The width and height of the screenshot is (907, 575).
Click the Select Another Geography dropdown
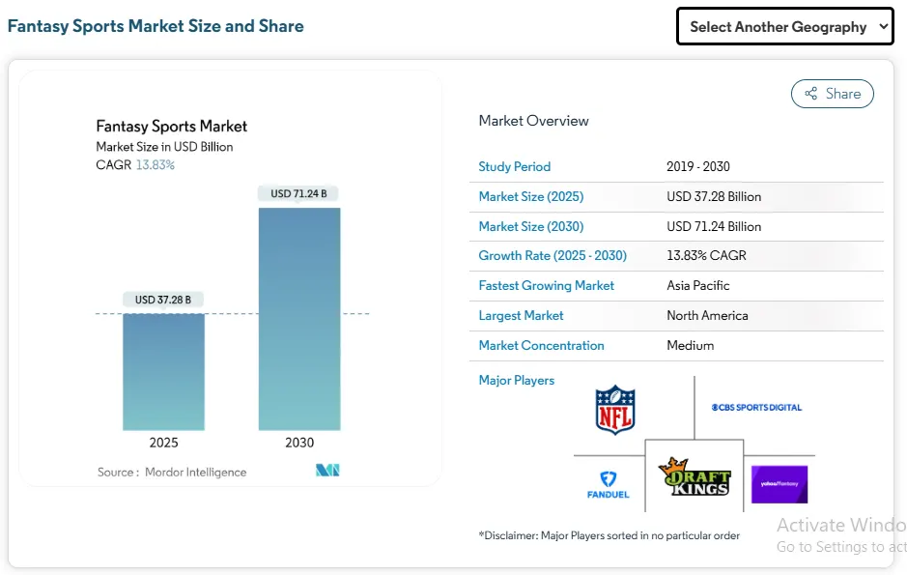(x=784, y=27)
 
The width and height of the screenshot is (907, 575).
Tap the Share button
(x=832, y=94)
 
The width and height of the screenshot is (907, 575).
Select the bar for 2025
(x=163, y=371)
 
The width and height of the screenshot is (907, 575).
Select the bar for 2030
(x=299, y=319)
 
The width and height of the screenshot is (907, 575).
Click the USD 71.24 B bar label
(x=298, y=193)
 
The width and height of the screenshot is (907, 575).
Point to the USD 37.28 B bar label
(x=163, y=300)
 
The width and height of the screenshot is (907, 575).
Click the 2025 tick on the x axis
(x=163, y=443)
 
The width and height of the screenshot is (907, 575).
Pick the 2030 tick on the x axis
(x=299, y=443)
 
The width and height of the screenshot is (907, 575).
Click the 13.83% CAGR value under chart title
(x=155, y=165)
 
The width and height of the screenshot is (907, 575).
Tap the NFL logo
(x=615, y=410)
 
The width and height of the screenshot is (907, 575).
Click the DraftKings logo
(x=694, y=476)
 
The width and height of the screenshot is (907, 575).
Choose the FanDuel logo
(x=608, y=484)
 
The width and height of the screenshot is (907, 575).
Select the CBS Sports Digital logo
(x=756, y=408)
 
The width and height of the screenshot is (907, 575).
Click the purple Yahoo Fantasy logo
(x=779, y=484)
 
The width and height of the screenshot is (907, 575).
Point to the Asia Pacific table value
(x=697, y=286)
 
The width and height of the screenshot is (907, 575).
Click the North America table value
(x=707, y=316)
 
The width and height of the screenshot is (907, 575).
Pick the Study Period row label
(x=514, y=167)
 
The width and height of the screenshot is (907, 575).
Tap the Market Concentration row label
(x=541, y=346)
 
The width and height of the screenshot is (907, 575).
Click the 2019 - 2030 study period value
(x=697, y=167)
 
